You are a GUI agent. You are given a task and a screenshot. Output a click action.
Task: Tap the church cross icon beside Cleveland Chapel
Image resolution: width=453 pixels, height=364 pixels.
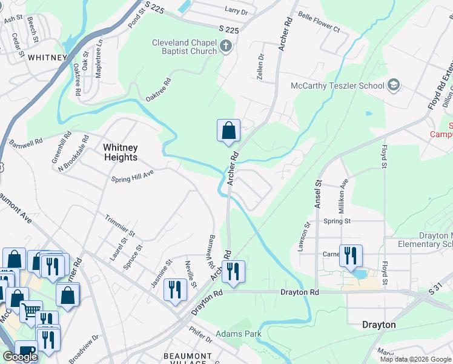pos(225,46)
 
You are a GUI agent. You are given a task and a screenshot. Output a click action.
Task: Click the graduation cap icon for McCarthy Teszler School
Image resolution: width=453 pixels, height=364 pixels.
pos(394,85)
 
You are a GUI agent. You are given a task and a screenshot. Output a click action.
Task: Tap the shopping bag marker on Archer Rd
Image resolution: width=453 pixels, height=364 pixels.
pos(228,130)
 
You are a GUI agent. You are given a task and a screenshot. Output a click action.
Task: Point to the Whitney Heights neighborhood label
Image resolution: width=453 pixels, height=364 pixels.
pos(120,152)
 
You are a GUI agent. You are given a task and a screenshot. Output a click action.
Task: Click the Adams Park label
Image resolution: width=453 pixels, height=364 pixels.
pos(239,334)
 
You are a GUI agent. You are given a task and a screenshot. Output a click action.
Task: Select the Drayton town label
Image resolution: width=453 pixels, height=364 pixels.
pos(379,325)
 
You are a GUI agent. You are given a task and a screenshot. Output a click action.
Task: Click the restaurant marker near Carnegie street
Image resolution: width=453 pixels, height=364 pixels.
pos(351,255)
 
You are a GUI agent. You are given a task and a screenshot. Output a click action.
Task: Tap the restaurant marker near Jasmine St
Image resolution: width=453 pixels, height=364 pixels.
pos(175,288)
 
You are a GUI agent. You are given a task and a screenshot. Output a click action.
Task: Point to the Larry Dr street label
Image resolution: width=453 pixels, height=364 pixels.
pos(236,12)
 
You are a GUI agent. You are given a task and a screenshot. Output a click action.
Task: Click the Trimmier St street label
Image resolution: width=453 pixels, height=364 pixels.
pos(120,224)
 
